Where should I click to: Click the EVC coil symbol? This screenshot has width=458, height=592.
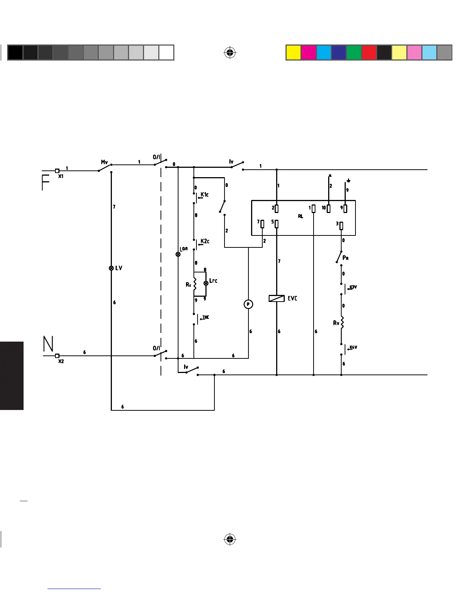click(277, 299)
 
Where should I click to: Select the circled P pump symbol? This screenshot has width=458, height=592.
click(248, 305)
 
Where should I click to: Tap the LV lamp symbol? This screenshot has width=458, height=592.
click(111, 268)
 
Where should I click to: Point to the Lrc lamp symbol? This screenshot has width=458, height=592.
click(206, 283)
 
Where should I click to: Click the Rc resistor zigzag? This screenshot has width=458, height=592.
click(194, 284)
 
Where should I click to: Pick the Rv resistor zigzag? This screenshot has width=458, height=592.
click(341, 323)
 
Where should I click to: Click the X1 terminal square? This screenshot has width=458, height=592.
click(57, 171)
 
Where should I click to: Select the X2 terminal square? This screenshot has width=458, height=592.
click(57, 356)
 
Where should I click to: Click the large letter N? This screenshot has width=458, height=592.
click(48, 344)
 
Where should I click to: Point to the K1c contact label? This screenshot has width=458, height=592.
click(205, 194)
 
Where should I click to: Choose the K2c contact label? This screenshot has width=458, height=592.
click(205, 241)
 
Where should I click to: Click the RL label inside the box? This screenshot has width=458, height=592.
click(300, 216)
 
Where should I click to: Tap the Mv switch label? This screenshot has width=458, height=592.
click(104, 162)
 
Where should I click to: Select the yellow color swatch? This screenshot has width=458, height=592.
click(293, 53)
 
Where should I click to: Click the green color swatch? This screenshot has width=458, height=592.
click(354, 53)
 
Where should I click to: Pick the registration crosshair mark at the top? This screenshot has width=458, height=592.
click(230, 53)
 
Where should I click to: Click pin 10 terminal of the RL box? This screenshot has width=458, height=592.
click(329, 208)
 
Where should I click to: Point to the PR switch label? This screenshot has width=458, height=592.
click(346, 258)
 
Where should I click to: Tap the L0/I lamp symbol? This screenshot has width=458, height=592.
click(178, 254)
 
